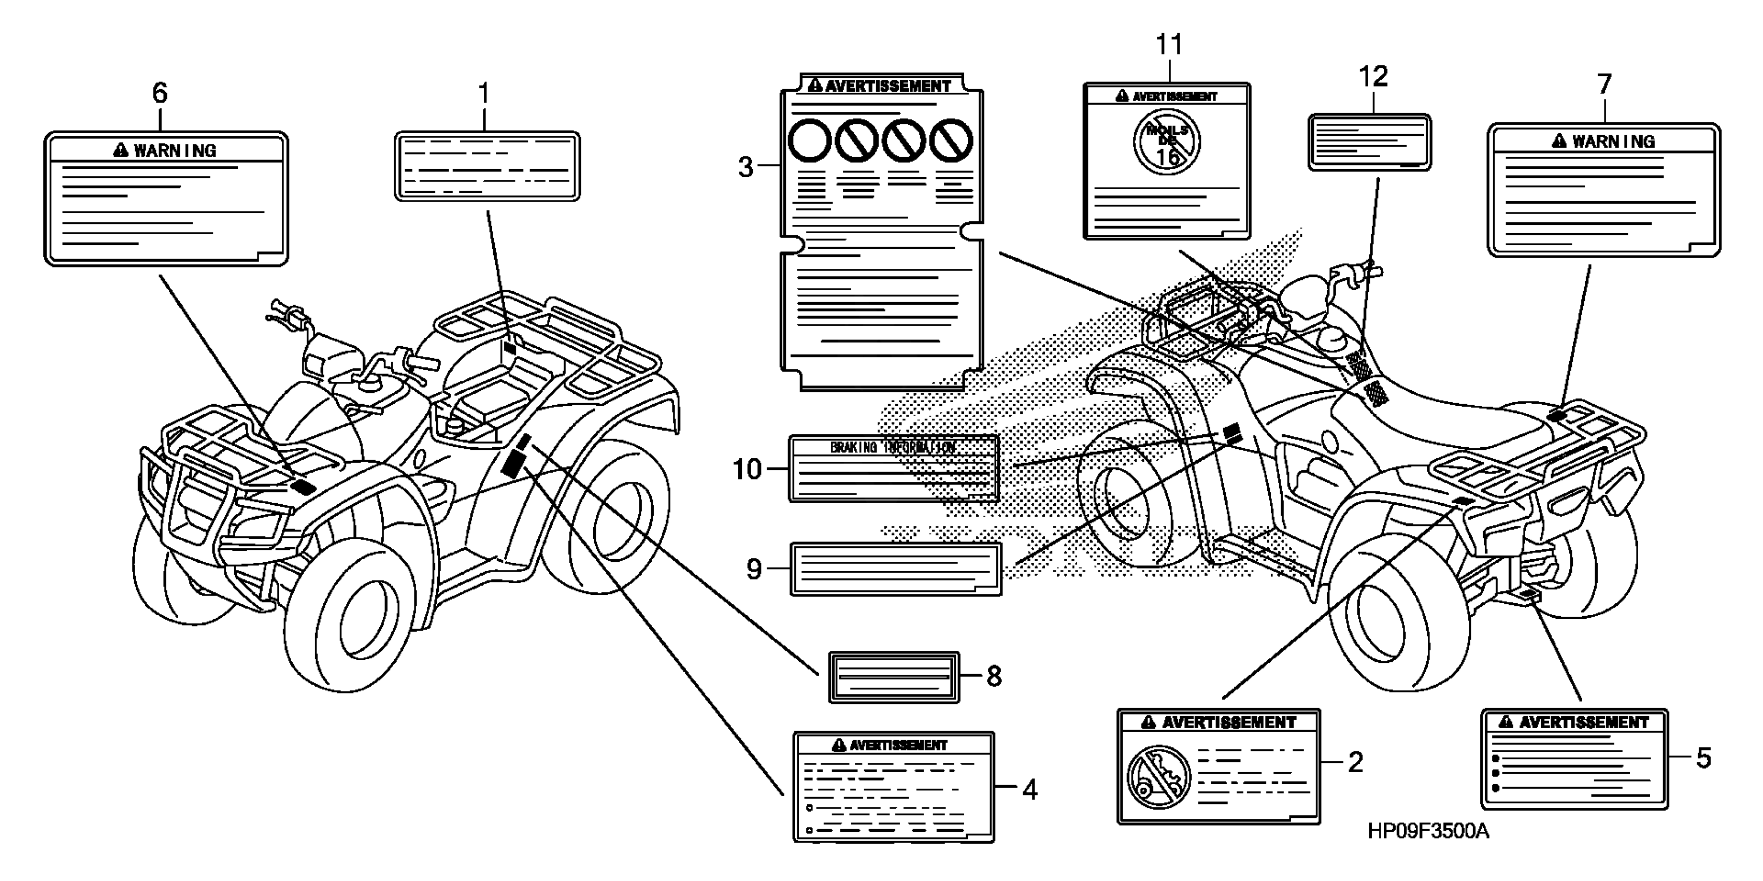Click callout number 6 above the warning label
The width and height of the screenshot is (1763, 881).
[x=160, y=93]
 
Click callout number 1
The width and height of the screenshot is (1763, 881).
[x=484, y=94]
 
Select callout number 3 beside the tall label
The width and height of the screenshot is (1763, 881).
[x=746, y=167]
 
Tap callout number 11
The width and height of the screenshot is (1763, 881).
[x=1169, y=45]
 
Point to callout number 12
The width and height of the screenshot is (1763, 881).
[x=1373, y=77]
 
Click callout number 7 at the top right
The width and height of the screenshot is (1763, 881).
[x=1604, y=85]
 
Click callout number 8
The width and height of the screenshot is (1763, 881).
[x=994, y=676]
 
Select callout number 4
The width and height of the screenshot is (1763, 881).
[x=1029, y=790]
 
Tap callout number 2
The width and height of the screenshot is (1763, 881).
[x=1355, y=762]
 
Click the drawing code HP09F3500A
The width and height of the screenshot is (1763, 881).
[x=1428, y=832]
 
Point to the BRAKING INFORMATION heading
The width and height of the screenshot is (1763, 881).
[x=893, y=448]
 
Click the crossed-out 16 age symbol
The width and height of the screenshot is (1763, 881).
[x=1166, y=143]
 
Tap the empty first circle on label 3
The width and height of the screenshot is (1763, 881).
[x=810, y=141]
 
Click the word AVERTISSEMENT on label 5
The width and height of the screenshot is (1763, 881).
[x=1584, y=723]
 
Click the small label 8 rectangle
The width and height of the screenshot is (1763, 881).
[x=894, y=677]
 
